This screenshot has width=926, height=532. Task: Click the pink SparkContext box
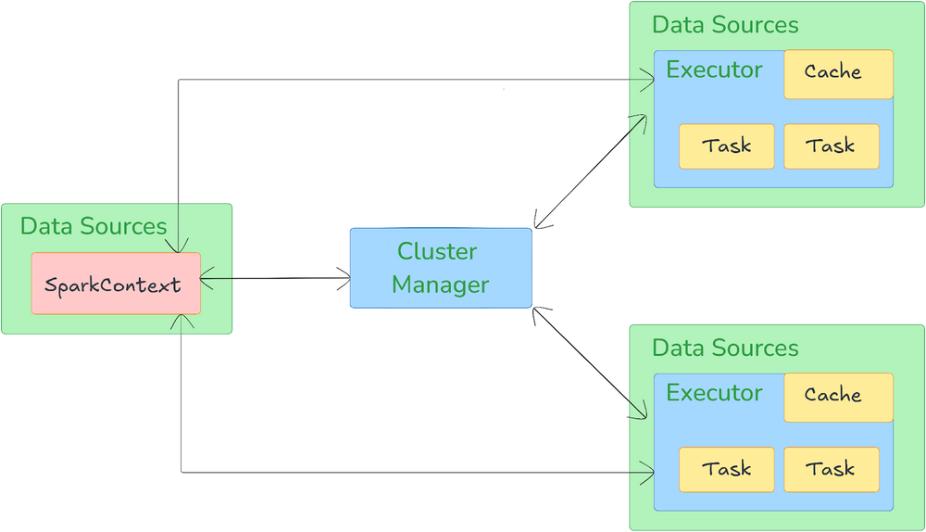[116, 284]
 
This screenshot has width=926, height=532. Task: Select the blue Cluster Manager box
[440, 268]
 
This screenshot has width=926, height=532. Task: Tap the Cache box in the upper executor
[838, 73]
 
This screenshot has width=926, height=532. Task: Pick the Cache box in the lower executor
[838, 397]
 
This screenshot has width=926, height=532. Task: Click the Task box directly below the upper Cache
[830, 146]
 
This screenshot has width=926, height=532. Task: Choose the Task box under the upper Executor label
[726, 146]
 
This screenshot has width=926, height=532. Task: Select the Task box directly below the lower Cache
[830, 470]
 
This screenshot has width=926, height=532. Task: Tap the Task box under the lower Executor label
[726, 470]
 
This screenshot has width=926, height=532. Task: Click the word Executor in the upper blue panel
[714, 70]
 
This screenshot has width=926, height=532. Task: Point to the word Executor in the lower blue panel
[714, 393]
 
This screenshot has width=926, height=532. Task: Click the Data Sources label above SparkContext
[94, 226]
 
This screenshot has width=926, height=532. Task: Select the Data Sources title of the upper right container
[725, 25]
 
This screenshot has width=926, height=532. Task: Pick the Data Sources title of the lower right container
[725, 348]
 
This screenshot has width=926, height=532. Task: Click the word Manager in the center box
[440, 285]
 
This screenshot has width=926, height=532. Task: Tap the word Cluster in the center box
[437, 251]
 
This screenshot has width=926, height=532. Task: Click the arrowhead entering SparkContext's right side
[206, 278]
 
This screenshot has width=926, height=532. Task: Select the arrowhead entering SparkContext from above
[177, 247]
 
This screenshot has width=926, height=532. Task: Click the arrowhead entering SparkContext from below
[183, 321]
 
